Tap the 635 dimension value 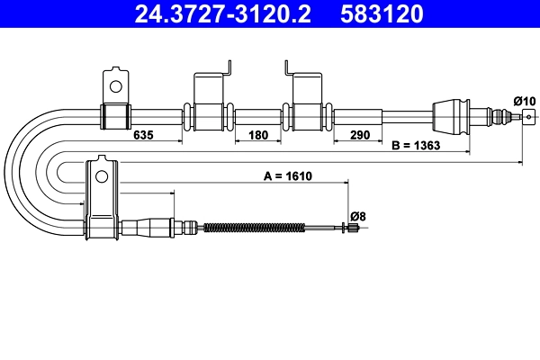point(144,136)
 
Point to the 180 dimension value point(259,136)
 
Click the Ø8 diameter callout point(357,216)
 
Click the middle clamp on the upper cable point(209,114)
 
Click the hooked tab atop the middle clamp point(229,67)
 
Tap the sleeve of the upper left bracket point(114,115)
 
